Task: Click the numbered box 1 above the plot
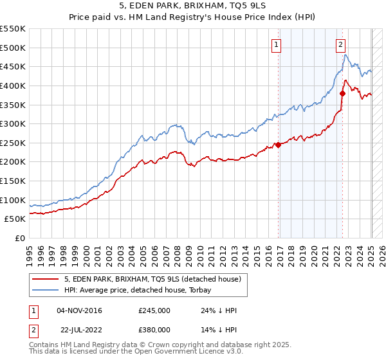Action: click(x=276, y=45)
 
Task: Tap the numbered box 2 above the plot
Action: click(x=340, y=45)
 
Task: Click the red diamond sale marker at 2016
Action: click(x=279, y=145)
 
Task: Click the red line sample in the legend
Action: click(x=46, y=279)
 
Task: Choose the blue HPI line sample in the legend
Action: click(x=46, y=290)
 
